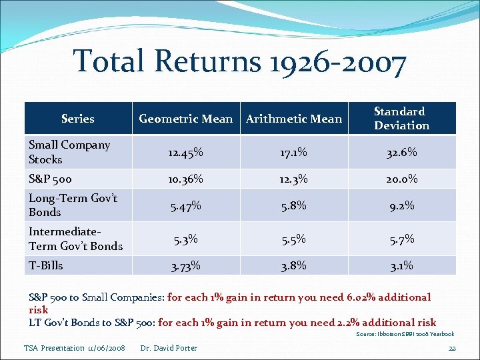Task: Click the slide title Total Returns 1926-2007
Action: (239, 61)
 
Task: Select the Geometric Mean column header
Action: (185, 119)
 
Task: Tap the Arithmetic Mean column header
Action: (294, 119)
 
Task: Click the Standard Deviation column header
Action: (401, 118)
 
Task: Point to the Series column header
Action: (78, 119)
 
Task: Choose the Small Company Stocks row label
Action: (69, 152)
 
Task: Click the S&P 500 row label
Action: (50, 179)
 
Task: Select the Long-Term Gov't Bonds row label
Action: (73, 205)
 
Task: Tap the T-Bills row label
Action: (46, 265)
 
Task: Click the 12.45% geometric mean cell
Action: (185, 153)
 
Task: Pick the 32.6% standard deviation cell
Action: (401, 153)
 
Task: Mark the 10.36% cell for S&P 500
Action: (185, 179)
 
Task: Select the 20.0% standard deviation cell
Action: (401, 179)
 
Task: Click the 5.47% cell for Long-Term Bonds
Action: (185, 206)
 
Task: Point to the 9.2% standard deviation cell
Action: (401, 206)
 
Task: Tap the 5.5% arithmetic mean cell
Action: (294, 239)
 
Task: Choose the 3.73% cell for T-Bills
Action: (185, 266)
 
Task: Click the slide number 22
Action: (451, 348)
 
